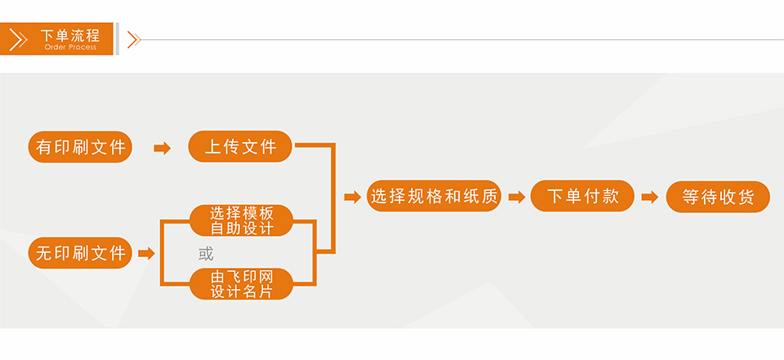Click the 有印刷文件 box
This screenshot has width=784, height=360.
pyautogui.click(x=80, y=147)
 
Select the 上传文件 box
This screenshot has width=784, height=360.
pyautogui.click(x=240, y=146)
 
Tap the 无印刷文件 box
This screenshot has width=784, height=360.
pyautogui.click(x=80, y=253)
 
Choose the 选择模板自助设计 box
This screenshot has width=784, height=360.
pyautogui.click(x=241, y=220)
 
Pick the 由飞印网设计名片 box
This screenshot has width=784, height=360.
pyautogui.click(x=241, y=284)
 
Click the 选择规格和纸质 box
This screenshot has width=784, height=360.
pyautogui.click(x=434, y=196)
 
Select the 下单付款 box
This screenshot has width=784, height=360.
pyautogui.click(x=582, y=196)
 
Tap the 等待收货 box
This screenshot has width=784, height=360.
pyautogui.click(x=718, y=197)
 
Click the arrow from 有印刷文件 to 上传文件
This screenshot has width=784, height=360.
pyautogui.click(x=162, y=148)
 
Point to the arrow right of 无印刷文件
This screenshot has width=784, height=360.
pyautogui.click(x=146, y=254)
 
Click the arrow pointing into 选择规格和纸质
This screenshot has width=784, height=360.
pyautogui.click(x=353, y=197)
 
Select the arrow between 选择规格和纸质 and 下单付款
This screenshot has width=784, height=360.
pyautogui.click(x=517, y=197)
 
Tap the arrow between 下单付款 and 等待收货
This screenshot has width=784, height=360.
pyautogui.click(x=650, y=197)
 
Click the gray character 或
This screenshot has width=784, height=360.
pyautogui.click(x=206, y=254)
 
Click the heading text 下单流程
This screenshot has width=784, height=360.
pyautogui.click(x=70, y=35)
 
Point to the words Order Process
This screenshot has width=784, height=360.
pyautogui.click(x=70, y=47)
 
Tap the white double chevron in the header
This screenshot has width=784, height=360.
pyautogui.click(x=19, y=39)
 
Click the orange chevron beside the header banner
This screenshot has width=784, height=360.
pyautogui.click(x=134, y=39)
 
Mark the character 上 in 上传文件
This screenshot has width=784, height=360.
pyautogui.click(x=213, y=146)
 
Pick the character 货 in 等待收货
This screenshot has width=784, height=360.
pyautogui.click(x=746, y=197)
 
